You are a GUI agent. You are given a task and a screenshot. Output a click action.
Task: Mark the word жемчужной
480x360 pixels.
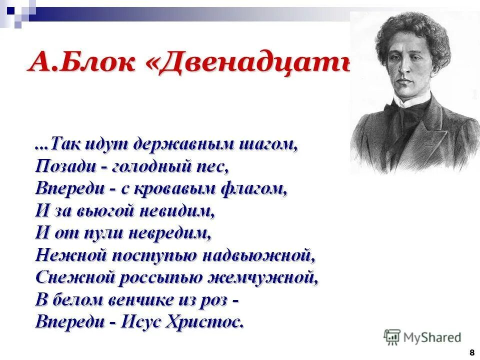tap(268, 277)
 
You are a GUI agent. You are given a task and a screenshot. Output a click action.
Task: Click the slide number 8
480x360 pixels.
tap(471, 352)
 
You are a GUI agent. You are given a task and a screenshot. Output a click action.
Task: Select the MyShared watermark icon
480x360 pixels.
tap(392, 337)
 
